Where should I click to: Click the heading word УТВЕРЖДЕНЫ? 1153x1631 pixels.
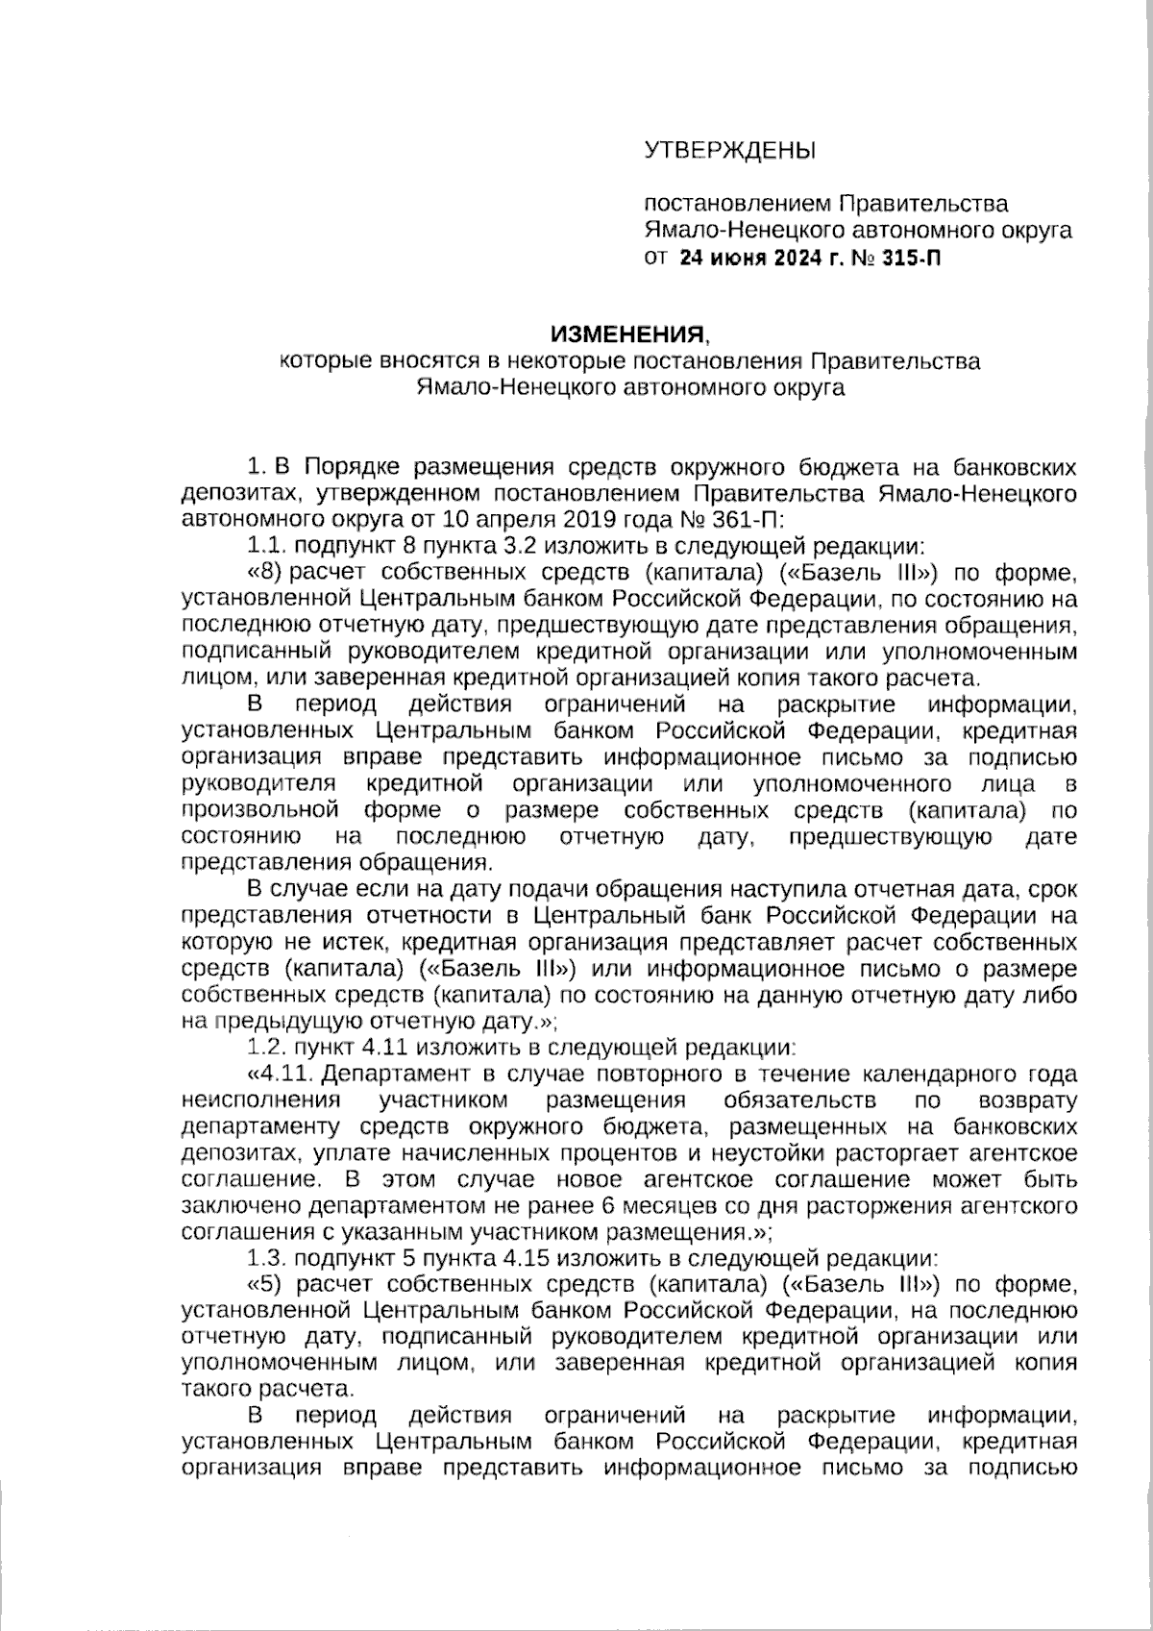(x=727, y=150)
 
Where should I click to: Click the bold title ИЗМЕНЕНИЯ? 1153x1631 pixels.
(x=626, y=334)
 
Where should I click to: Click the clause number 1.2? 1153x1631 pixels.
(x=266, y=1046)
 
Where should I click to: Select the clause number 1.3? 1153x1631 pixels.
(x=266, y=1257)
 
